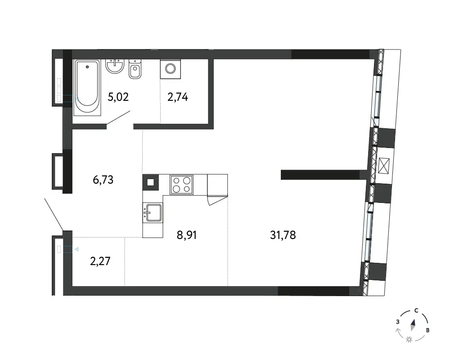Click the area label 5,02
[x=118, y=97]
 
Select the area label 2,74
[x=178, y=97]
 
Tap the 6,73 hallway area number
[x=103, y=180]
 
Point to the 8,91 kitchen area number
[x=187, y=235]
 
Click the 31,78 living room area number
[x=283, y=235]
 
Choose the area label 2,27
[x=100, y=261]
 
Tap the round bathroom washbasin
[x=115, y=66]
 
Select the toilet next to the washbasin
[x=135, y=69]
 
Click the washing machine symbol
[x=171, y=69]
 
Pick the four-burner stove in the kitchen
[x=181, y=184]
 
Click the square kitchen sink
[x=153, y=213]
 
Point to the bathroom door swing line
[x=118, y=118]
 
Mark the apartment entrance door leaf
[x=54, y=214]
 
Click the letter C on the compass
[x=416, y=310]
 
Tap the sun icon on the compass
[x=409, y=340]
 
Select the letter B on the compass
[x=427, y=330]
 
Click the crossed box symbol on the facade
[x=384, y=166]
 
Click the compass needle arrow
[x=413, y=325]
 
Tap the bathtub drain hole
[x=87, y=67]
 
